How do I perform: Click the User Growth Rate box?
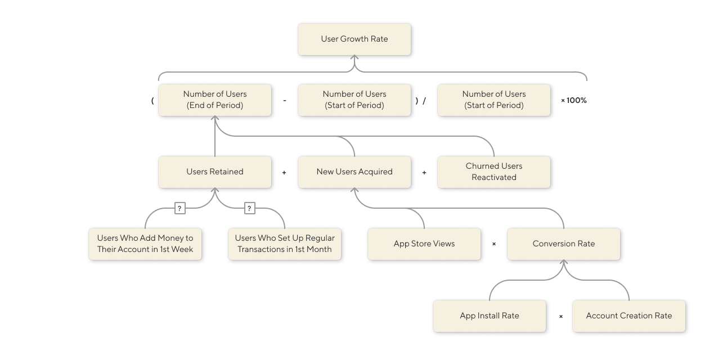coord(354,39)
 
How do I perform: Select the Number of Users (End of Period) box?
coord(215,100)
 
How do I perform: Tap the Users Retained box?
coord(215,172)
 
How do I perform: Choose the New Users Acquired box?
coord(354,172)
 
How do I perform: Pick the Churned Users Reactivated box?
coord(494,172)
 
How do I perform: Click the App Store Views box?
coord(424,244)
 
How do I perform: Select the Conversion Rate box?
coord(564,244)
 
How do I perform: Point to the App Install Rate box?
coord(490,316)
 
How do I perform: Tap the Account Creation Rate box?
coord(629,316)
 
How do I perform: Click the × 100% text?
coord(574,101)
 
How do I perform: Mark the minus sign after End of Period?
coord(285,101)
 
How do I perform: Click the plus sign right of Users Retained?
coord(284,173)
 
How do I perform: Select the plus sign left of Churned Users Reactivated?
coord(424,173)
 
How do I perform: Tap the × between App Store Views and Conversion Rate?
coord(494,244)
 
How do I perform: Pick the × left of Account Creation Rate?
coord(561,317)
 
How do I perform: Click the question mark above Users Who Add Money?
coord(180,209)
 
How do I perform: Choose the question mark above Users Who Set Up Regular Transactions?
coord(249,209)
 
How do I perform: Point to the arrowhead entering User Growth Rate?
coord(354,58)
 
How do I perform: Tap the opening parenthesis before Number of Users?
coord(152,101)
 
